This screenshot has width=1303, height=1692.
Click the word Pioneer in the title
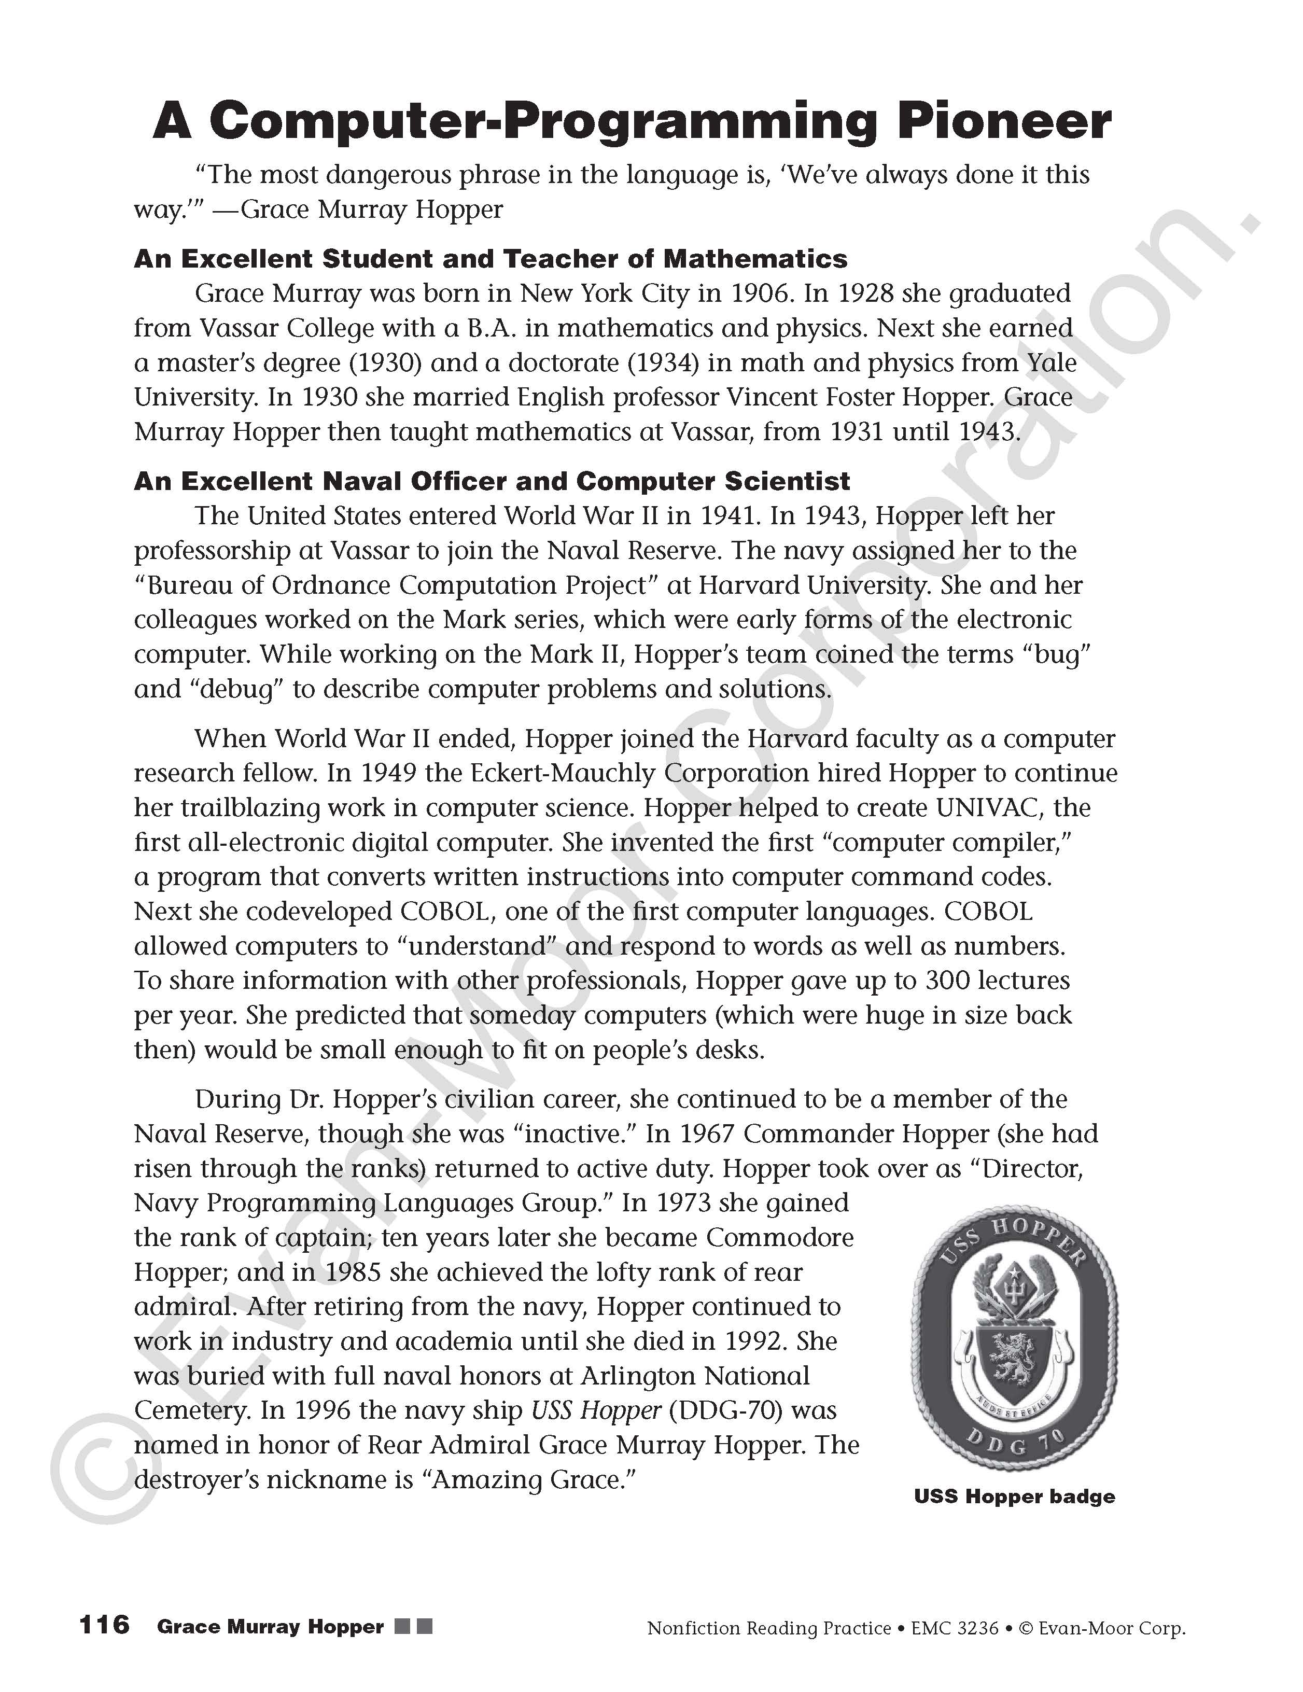pyautogui.click(x=1004, y=122)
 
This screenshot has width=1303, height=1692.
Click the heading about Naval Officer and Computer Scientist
pyautogui.click(x=492, y=481)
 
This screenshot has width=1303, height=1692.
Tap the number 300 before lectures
pyautogui.click(x=947, y=980)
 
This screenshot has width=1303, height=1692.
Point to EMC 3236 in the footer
pyautogui.click(x=955, y=1628)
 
